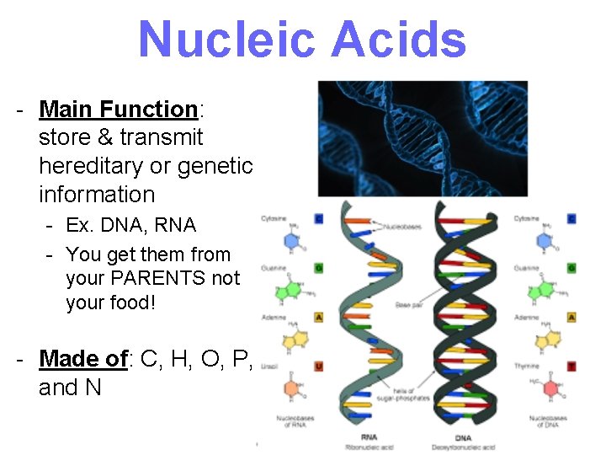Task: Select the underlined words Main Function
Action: coord(118,109)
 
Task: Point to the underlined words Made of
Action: coord(83,359)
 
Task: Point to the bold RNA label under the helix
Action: coord(368,437)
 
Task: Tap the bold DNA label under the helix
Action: coord(462,437)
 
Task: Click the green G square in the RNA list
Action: coord(318,268)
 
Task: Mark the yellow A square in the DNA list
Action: coord(571,318)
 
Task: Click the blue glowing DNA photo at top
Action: coord(422,139)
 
